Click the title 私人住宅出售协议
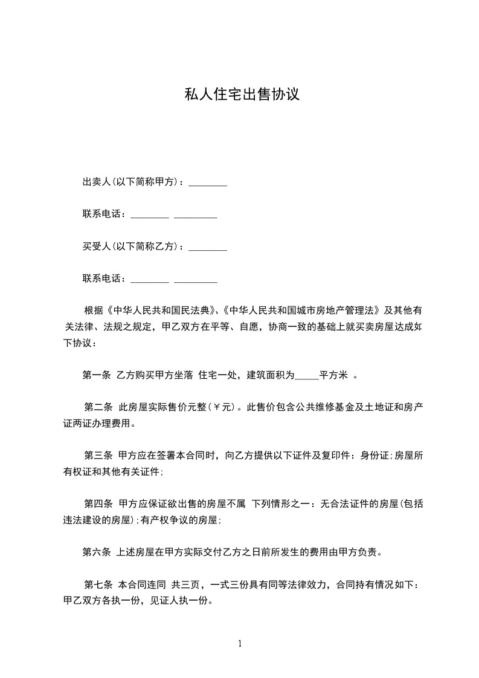242,95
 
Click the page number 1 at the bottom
240,643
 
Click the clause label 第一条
96,375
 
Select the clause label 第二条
98,407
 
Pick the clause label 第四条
98,503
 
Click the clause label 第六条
96,552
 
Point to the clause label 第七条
98,585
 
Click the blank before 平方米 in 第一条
307,375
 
